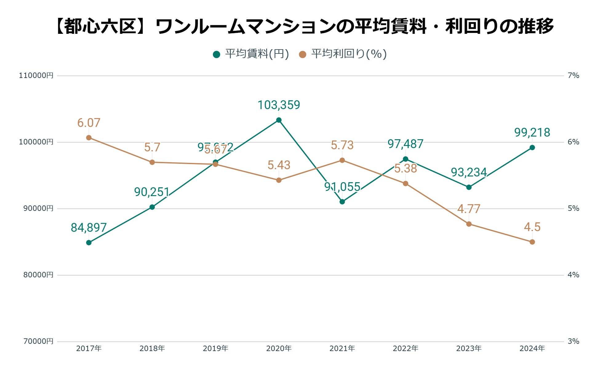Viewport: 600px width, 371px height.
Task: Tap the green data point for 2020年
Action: (279, 120)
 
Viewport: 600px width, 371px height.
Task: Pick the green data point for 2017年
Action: (89, 243)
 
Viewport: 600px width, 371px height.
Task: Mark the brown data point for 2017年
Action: (89, 138)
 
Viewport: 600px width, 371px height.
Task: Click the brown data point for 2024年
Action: (532, 242)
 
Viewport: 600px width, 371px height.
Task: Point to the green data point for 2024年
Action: (532, 148)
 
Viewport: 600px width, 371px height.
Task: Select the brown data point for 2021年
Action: (342, 160)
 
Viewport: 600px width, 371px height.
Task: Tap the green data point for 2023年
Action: (469, 187)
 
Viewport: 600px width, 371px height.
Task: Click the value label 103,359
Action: (279, 105)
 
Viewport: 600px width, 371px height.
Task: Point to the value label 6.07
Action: (89, 123)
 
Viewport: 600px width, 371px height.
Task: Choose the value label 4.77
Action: (469, 209)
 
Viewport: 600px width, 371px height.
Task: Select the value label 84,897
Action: (89, 228)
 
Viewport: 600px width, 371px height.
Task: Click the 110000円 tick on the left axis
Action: (36, 76)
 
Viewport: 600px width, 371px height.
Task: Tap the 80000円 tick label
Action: (38, 275)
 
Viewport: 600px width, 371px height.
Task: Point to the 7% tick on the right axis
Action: (573, 76)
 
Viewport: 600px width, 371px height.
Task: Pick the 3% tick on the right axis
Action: (573, 341)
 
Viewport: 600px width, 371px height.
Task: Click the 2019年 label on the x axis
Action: (215, 349)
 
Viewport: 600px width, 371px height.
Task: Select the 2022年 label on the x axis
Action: (406, 349)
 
